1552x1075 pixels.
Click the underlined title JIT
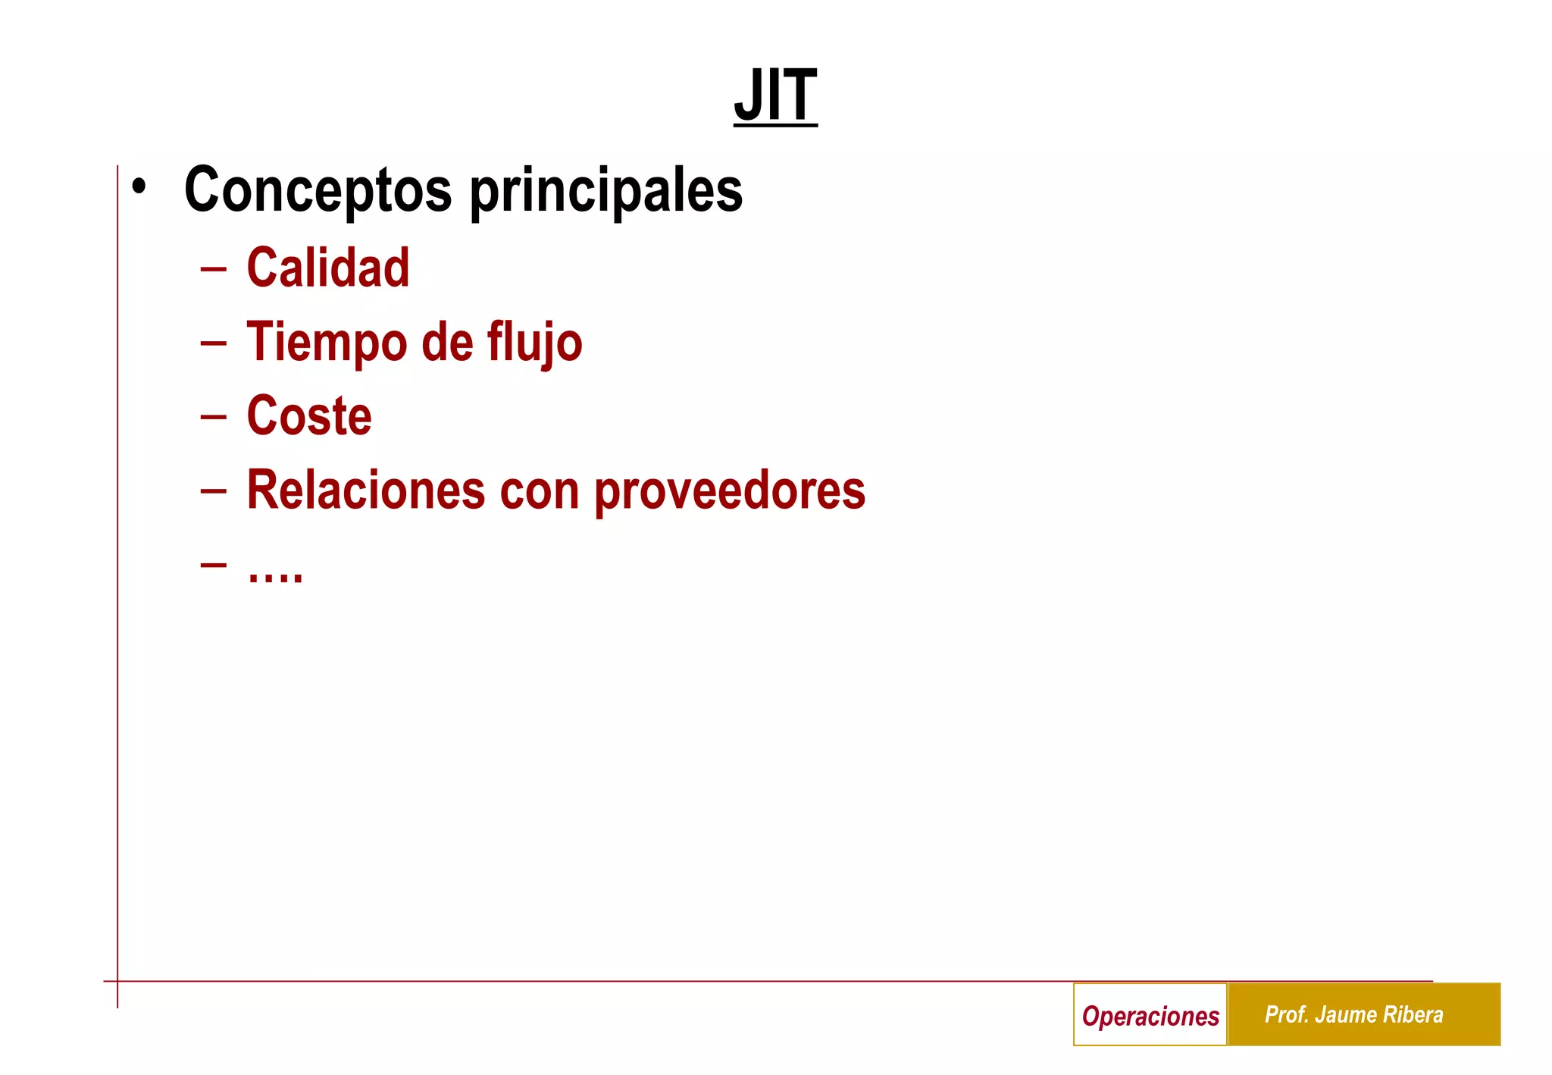pyautogui.click(x=775, y=96)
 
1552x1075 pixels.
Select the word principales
pyautogui.click(x=606, y=191)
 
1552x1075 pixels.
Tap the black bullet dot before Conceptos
pyautogui.click(x=139, y=186)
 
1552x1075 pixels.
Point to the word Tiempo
pyautogui.click(x=327, y=343)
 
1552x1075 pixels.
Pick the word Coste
pyautogui.click(x=309, y=416)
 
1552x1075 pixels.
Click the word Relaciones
pyautogui.click(x=366, y=490)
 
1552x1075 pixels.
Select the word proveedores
pyautogui.click(x=729, y=491)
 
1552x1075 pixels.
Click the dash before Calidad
pyautogui.click(x=214, y=268)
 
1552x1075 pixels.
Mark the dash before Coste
pyautogui.click(x=214, y=416)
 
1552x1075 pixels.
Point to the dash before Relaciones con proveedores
pyautogui.click(x=214, y=490)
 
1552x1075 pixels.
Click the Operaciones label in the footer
pyautogui.click(x=1150, y=1015)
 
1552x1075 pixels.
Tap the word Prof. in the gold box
pyautogui.click(x=1287, y=1014)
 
